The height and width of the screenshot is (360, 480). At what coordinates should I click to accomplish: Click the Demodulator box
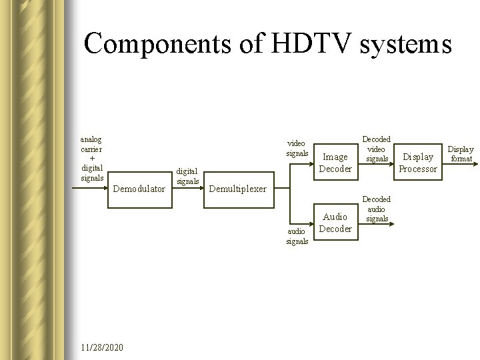coord(139,189)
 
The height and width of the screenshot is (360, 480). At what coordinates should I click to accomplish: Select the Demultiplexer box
coord(237,189)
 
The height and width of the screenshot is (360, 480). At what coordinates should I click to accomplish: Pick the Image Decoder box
coord(335,163)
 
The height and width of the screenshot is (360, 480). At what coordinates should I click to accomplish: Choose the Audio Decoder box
coord(335,223)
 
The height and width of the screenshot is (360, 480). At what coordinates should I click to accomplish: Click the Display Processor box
coord(418,163)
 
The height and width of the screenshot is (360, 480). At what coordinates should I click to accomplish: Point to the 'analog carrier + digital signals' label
coord(91,159)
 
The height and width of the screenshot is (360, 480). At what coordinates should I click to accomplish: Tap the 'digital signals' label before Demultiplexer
coord(187,176)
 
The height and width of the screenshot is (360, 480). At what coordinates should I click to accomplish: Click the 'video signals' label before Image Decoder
coord(297,148)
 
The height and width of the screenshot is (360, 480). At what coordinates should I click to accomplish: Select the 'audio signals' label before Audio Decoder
coord(297,236)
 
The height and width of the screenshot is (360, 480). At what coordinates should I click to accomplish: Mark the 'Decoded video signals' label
coord(377,149)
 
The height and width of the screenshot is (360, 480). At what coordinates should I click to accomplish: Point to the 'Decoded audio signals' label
coord(377,209)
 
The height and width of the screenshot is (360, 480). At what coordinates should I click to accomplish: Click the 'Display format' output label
coord(460,154)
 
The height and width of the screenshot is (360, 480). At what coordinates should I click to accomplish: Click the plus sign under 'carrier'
coord(91,159)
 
